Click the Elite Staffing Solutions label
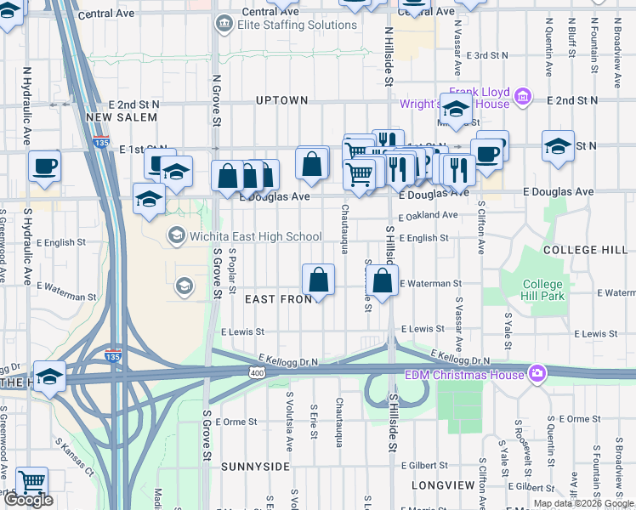[297, 25]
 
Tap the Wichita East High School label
[244, 235]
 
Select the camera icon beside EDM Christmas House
[537, 372]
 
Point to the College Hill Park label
[542, 291]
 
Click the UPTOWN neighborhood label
[281, 100]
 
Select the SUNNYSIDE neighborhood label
[250, 467]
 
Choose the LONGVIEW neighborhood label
[442, 485]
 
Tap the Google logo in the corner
[28, 500]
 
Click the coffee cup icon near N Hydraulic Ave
[44, 167]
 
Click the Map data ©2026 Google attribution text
[583, 503]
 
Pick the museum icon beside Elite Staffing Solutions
[224, 25]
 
